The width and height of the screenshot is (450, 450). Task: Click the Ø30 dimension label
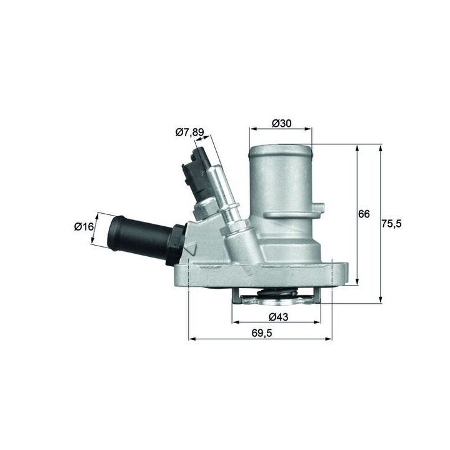(281, 123)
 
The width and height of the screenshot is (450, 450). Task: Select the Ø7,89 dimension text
(189, 132)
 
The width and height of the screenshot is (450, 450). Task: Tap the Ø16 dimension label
(84, 227)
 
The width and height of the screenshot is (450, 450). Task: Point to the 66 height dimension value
(364, 214)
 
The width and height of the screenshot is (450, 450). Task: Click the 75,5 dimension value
(391, 224)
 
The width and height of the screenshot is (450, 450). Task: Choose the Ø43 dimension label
(278, 317)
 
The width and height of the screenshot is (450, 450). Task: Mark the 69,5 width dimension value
(262, 333)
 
